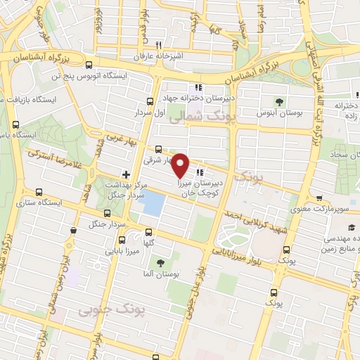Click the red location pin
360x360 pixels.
[181, 164]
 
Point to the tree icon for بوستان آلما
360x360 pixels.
[161, 264]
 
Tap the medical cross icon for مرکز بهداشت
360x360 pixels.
[126, 174]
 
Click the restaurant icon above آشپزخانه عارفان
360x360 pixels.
[148, 47]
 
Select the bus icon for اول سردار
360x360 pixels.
[149, 101]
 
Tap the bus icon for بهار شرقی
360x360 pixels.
[158, 149]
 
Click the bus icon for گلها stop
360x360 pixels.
[148, 232]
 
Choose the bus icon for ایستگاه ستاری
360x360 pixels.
[38, 192]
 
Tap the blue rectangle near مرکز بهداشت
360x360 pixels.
[152, 204]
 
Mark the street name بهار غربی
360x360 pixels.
[118, 141]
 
